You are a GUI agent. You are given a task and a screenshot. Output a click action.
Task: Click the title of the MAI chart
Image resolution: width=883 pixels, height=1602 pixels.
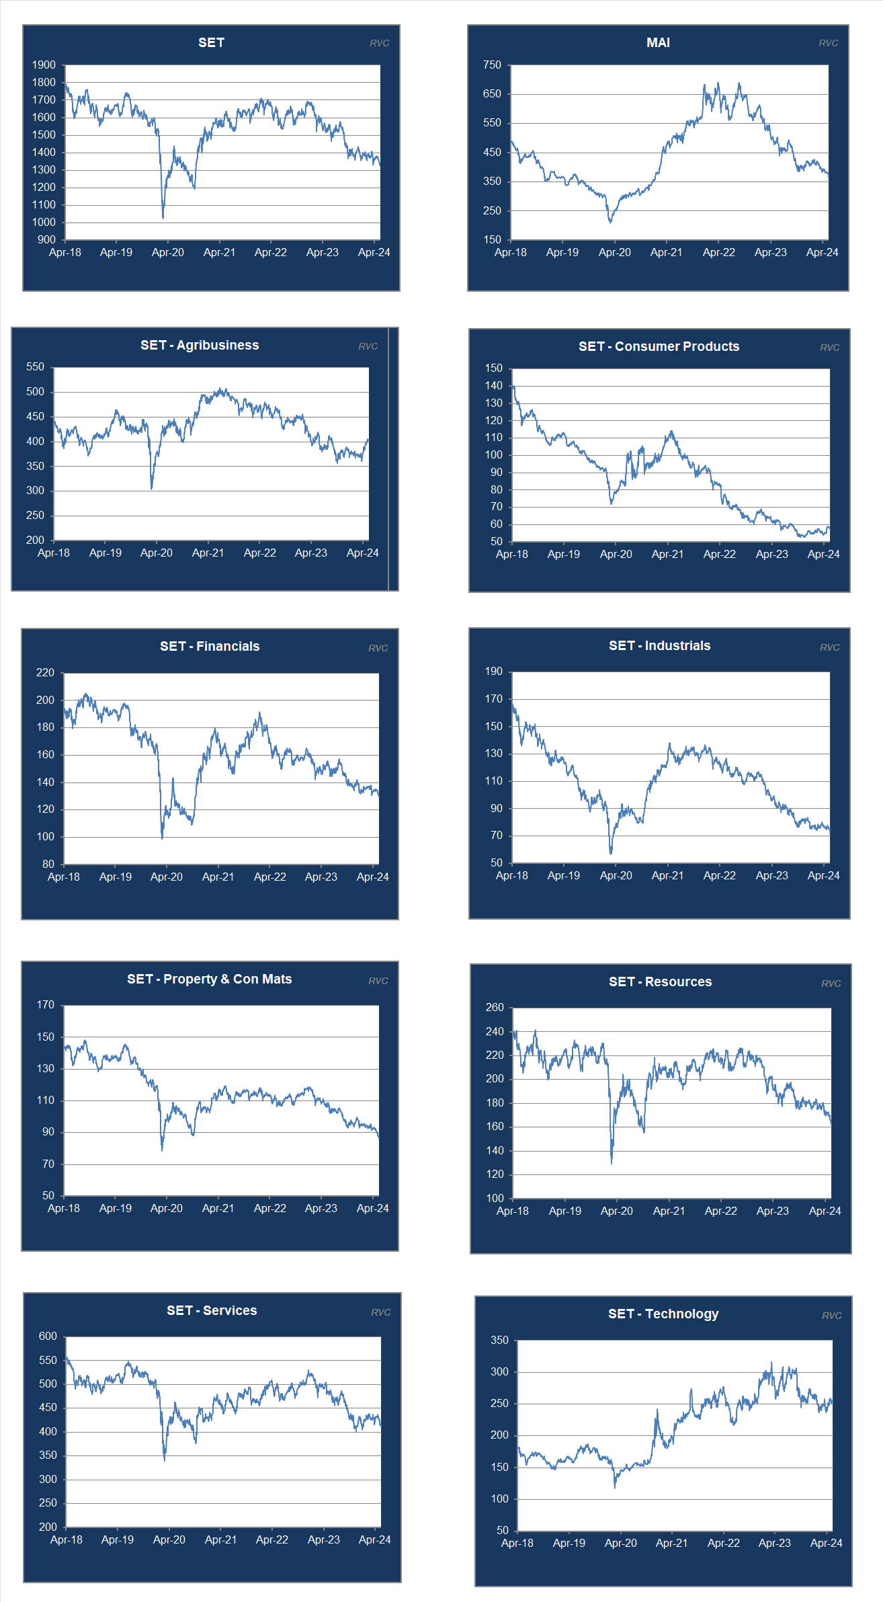(x=658, y=42)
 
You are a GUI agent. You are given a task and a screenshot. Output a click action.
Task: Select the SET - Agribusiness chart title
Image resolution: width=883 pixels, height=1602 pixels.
(x=200, y=345)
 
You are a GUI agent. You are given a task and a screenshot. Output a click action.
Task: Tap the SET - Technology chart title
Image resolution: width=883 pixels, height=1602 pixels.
(x=663, y=1314)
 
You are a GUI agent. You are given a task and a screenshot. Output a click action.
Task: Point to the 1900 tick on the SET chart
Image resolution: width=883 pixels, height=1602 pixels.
(x=44, y=65)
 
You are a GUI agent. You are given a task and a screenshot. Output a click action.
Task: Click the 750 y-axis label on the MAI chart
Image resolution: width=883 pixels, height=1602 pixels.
(x=492, y=65)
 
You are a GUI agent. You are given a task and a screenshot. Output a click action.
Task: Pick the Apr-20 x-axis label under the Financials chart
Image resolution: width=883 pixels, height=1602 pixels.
(x=167, y=877)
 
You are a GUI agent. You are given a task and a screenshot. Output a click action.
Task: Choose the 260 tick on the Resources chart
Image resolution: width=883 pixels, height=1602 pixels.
(x=495, y=1008)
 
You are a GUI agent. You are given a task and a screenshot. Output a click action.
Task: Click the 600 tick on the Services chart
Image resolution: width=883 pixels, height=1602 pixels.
(x=48, y=1336)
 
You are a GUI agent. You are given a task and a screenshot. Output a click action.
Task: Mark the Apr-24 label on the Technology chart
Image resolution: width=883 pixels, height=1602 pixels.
(x=826, y=1543)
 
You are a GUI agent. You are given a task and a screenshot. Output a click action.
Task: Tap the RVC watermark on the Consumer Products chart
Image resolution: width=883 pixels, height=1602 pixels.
(x=829, y=348)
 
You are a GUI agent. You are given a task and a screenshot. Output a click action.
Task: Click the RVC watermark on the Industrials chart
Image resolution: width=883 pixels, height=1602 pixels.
(x=829, y=647)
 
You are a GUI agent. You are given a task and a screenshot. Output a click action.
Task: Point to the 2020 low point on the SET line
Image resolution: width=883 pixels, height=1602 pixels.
(x=163, y=217)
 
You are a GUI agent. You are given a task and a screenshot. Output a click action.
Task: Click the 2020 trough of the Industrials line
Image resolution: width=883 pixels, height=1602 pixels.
(x=611, y=853)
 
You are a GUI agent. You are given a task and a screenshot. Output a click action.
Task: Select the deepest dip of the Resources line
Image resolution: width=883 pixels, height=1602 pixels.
(x=612, y=1162)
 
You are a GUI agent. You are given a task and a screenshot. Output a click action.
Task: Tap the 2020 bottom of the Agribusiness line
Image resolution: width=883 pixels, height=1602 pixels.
(x=152, y=488)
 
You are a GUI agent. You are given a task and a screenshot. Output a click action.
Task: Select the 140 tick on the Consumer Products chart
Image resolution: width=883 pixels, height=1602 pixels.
(x=494, y=386)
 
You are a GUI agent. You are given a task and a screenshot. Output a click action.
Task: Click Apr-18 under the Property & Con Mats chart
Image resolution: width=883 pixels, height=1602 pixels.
(x=64, y=1208)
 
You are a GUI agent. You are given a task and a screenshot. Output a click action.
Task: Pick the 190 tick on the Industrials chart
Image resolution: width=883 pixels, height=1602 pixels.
(x=494, y=672)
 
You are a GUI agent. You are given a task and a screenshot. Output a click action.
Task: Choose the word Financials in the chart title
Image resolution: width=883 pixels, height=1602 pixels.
(x=228, y=646)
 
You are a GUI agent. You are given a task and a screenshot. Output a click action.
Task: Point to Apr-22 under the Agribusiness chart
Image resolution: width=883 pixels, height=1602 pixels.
(x=259, y=553)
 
